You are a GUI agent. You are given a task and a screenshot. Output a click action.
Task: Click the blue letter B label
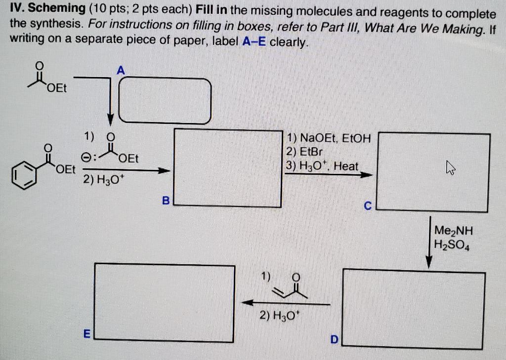[x=166, y=200]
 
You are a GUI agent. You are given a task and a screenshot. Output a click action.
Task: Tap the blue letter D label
[x=335, y=340]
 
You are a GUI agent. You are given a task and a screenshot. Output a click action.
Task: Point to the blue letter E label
[x=85, y=334]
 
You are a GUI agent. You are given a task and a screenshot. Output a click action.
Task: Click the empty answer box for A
[x=165, y=101]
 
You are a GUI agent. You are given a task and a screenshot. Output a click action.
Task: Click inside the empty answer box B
[x=228, y=167]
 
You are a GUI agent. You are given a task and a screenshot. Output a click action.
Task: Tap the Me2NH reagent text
[x=453, y=230]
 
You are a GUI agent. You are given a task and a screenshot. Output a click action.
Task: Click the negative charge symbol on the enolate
[x=86, y=159]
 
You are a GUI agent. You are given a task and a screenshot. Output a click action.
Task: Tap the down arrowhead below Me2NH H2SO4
[x=429, y=262]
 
